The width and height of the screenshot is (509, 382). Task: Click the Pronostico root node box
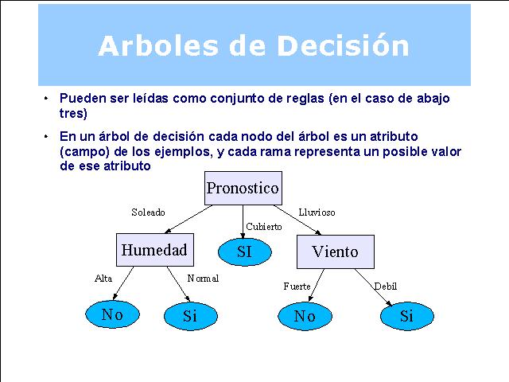(x=243, y=188)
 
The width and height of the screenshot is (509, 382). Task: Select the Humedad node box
(x=155, y=250)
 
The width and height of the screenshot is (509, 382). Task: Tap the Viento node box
(x=336, y=251)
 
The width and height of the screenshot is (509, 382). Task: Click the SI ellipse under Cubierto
(x=244, y=251)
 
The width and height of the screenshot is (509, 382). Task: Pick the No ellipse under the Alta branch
(x=112, y=314)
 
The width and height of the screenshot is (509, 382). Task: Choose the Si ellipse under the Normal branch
(x=191, y=316)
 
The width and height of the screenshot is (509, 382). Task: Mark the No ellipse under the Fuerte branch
(x=305, y=316)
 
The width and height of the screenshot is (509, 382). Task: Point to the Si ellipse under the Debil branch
(x=406, y=316)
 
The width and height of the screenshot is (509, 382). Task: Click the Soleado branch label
(x=148, y=212)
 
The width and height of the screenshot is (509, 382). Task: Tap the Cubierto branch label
(x=263, y=226)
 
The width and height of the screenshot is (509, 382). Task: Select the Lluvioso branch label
(x=317, y=212)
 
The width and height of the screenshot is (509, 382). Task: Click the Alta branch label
(x=103, y=279)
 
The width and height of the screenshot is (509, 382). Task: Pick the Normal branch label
(x=203, y=279)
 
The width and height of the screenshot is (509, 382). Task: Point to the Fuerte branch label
(x=297, y=286)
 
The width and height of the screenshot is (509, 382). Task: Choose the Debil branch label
(x=385, y=286)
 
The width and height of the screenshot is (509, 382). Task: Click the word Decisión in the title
(x=343, y=45)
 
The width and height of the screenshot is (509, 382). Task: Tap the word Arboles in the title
(x=158, y=45)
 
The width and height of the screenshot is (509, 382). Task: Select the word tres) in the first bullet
(x=73, y=113)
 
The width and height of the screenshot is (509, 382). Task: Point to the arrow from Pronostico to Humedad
(x=188, y=220)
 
